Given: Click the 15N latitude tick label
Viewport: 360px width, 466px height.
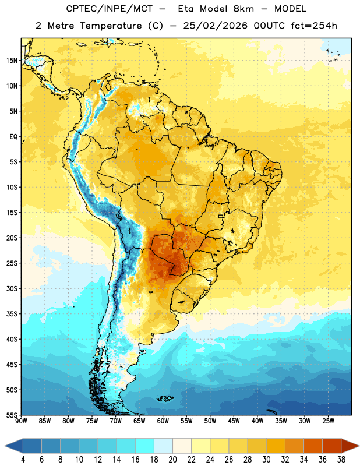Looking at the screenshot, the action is click(12, 61).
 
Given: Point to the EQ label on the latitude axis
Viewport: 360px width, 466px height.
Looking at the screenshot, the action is click(13, 137).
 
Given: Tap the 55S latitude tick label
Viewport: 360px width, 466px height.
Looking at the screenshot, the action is click(12, 415).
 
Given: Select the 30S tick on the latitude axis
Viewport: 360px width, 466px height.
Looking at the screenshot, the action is click(12, 288).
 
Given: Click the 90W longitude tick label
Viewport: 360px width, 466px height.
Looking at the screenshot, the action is click(21, 421).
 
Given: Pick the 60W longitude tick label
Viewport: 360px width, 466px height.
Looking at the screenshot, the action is click(163, 421).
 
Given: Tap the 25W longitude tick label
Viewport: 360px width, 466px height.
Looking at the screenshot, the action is click(328, 421).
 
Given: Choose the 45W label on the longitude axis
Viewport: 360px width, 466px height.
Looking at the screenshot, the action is click(234, 421).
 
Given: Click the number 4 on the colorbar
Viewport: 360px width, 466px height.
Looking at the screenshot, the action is click(23, 460).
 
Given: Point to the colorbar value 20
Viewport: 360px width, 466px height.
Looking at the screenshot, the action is click(172, 460).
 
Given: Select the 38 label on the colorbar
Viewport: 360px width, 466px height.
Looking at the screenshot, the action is click(341, 460).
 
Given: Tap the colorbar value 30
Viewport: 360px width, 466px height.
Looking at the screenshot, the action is click(266, 460).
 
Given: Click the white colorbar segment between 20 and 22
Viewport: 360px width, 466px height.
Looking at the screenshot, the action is click(182, 446).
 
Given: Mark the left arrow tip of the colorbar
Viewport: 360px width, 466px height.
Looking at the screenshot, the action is click(5, 446).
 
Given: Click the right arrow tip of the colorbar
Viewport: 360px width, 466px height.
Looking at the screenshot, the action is click(359, 446).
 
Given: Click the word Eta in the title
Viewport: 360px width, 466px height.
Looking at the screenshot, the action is click(186, 9).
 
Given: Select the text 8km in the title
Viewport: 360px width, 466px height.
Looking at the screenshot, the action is click(243, 9).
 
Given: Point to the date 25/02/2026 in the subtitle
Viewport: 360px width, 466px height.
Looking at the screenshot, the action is click(215, 26).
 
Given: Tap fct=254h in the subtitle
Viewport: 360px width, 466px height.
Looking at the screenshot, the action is click(314, 26).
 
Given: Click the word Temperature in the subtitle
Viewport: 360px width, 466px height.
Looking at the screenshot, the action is click(111, 26).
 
